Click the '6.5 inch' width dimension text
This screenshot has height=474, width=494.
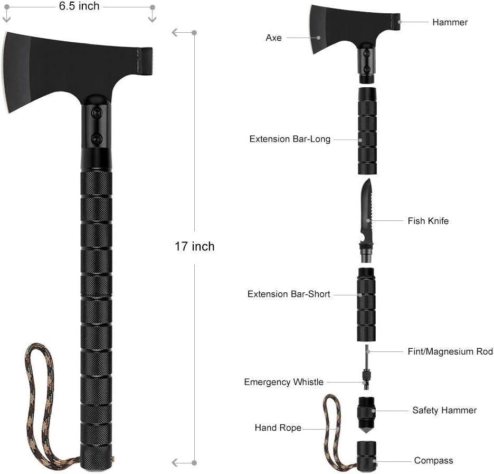pos(79,6)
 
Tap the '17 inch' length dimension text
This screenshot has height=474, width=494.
pos(194,246)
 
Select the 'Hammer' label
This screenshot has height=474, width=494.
pos(450,22)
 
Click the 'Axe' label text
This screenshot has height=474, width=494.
pos(273,38)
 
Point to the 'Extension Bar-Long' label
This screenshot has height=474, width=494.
pos(290,140)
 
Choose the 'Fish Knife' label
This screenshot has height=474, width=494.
pos(428,221)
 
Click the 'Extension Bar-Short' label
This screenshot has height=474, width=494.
pos(289,294)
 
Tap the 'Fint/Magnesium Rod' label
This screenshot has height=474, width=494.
pos(450,351)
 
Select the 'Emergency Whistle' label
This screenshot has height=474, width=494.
pos(283,382)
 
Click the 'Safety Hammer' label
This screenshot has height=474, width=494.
pos(444,410)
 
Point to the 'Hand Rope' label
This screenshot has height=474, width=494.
pos(278,427)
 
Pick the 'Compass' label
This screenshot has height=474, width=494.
pos(433,461)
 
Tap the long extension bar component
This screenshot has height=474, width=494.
pos(367,132)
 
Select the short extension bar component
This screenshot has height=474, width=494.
pos(367,304)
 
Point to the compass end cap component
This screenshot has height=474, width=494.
pos(367,454)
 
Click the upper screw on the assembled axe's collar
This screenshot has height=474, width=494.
pos(97,113)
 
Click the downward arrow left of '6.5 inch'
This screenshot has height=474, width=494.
pos(7,17)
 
